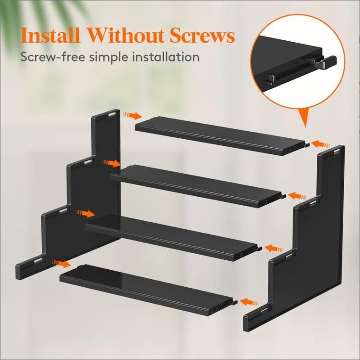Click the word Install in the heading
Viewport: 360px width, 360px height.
click(49, 36)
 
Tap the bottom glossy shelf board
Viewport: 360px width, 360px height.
click(147, 288)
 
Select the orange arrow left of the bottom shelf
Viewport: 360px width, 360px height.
click(62, 263)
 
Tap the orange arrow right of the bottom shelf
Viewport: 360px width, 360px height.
click(250, 302)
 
